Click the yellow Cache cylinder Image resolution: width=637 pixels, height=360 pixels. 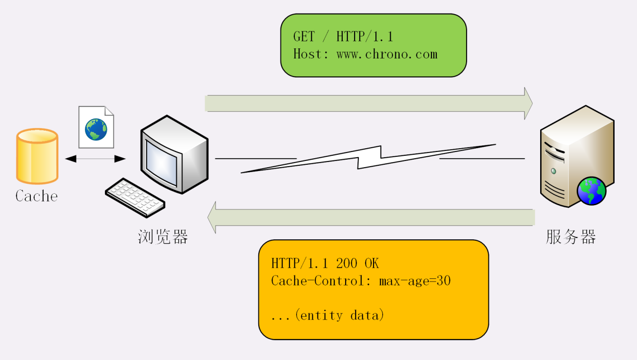(37, 156)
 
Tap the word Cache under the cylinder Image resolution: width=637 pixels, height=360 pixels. (37, 196)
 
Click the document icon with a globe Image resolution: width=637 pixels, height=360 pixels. (96, 127)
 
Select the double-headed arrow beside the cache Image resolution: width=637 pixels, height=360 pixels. (95, 159)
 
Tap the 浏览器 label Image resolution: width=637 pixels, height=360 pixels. (163, 237)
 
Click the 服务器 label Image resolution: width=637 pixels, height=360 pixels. (571, 237)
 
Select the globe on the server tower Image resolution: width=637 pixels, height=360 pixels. (591, 190)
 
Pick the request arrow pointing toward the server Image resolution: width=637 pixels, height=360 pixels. (368, 104)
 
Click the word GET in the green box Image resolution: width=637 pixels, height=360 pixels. (304, 37)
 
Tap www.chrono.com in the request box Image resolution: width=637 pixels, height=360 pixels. (387, 54)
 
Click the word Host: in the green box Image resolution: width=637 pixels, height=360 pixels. (311, 54)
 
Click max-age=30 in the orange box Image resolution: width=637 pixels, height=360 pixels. (414, 281)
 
